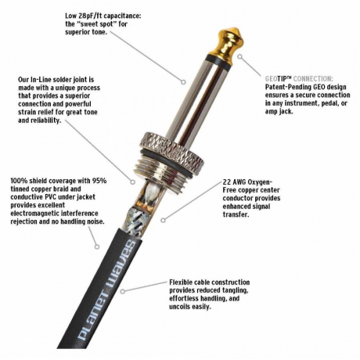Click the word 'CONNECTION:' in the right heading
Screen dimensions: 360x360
tap(313, 78)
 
